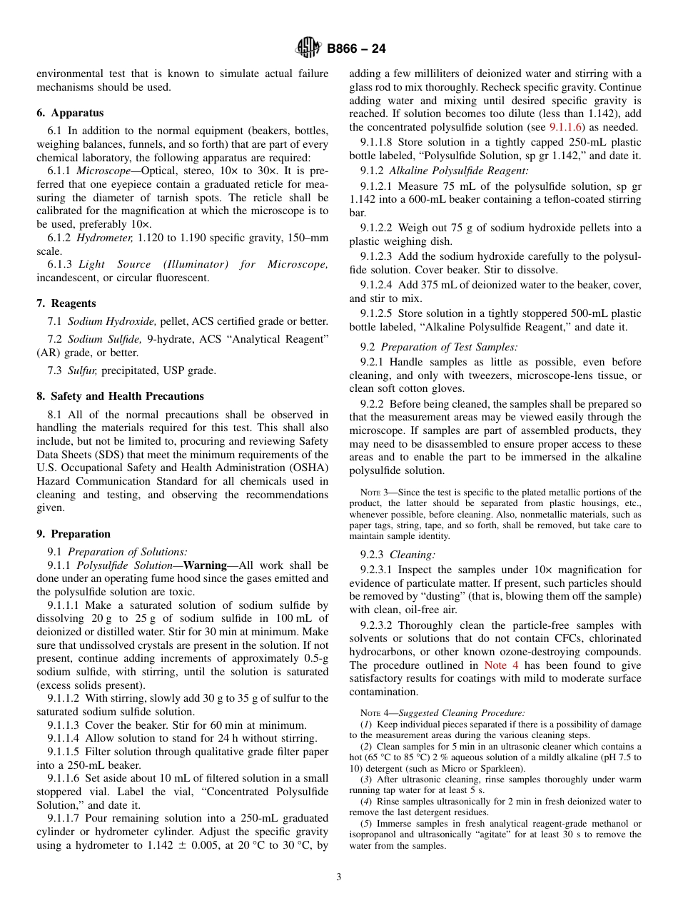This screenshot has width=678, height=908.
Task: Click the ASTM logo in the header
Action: click(x=308, y=49)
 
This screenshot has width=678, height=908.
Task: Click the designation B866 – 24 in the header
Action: click(x=356, y=49)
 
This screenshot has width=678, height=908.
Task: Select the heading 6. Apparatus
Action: click(x=70, y=113)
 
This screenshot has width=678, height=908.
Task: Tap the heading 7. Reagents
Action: click(x=66, y=303)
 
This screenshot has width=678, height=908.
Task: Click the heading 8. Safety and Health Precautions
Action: click(x=120, y=396)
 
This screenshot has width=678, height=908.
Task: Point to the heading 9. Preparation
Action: click(x=74, y=534)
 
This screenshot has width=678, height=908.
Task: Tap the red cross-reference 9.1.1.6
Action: click(x=567, y=127)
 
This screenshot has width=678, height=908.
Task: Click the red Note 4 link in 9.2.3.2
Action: click(x=495, y=665)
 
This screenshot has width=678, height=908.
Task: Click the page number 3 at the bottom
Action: click(x=339, y=877)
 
